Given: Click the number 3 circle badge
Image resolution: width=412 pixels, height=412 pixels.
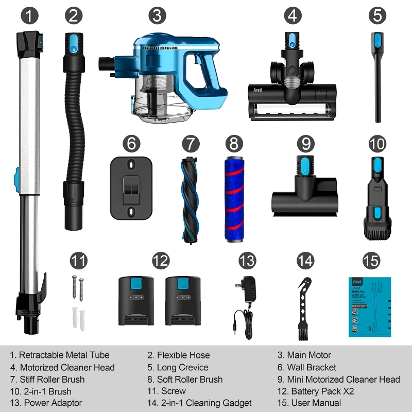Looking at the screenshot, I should point(157,15).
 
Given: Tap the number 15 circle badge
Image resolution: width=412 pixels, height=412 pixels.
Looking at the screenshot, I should point(371,261).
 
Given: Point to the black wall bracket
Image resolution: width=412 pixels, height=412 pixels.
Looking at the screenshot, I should point(131,188).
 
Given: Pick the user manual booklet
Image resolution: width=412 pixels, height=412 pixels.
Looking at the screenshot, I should point(369,307).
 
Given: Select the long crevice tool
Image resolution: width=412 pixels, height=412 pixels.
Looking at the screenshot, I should point(379,77).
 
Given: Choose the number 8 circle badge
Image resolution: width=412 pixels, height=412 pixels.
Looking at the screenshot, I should point(234,144).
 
